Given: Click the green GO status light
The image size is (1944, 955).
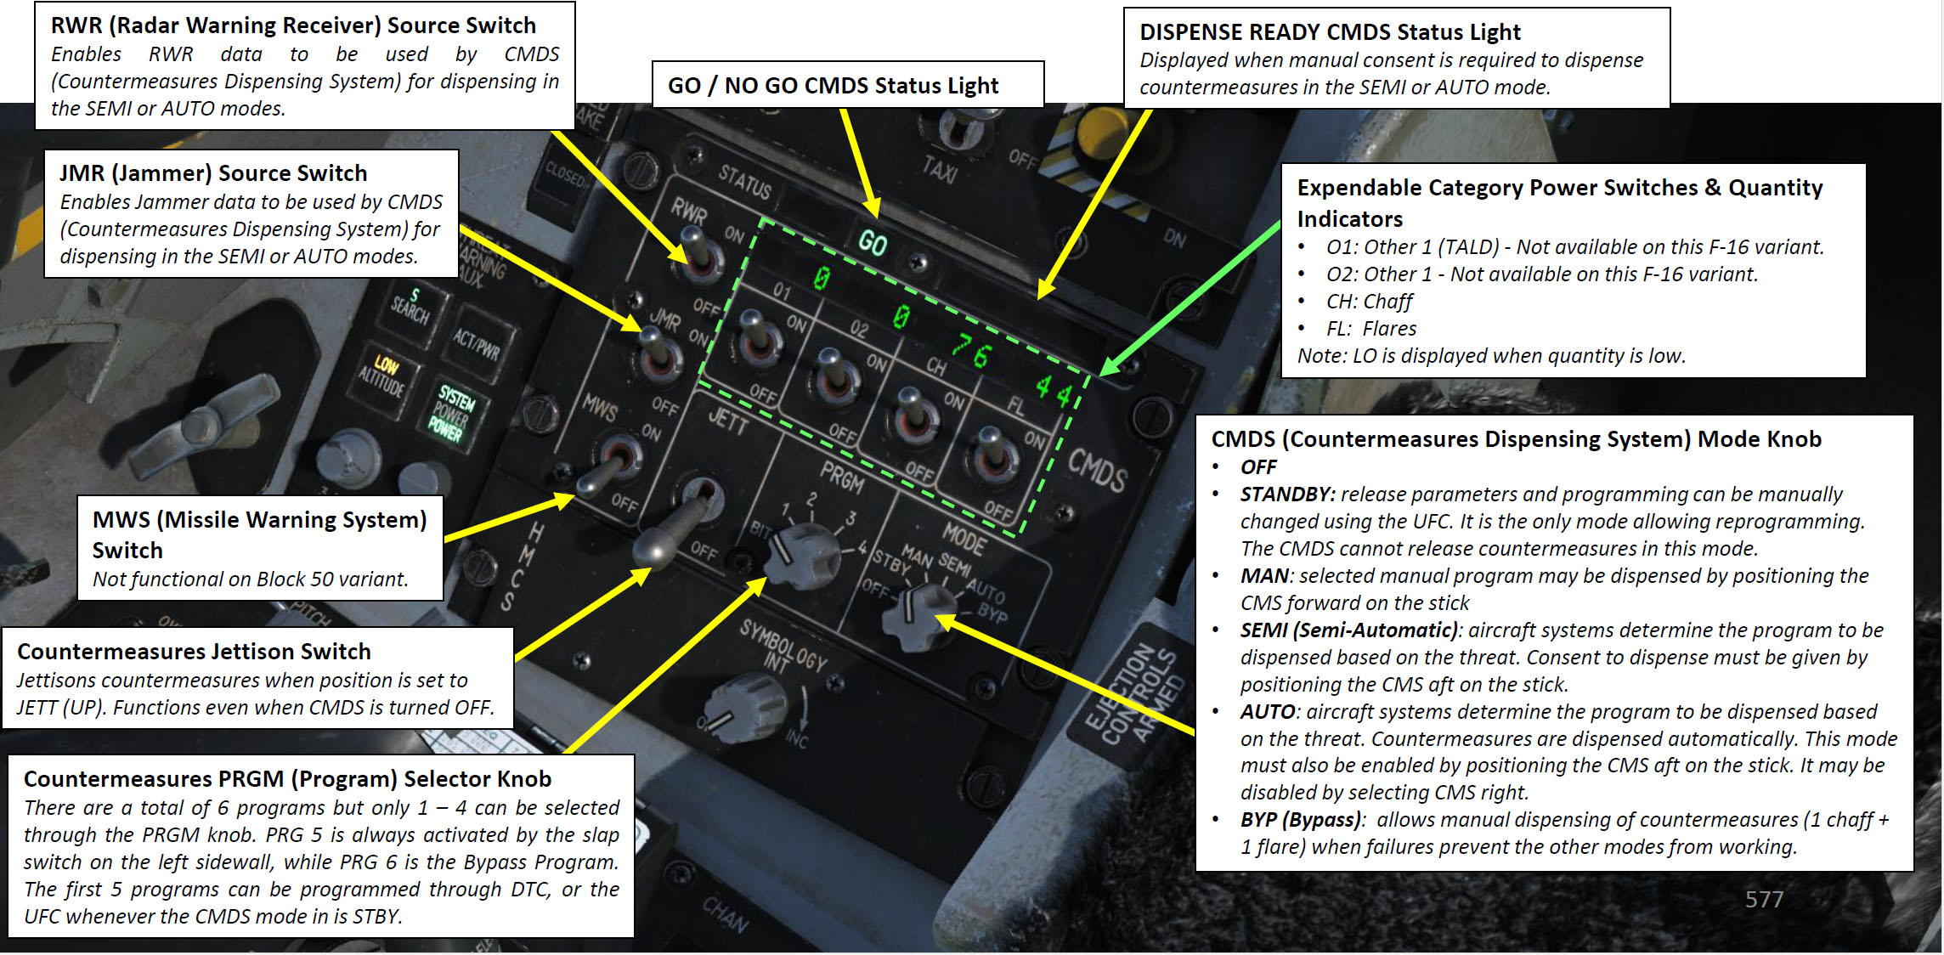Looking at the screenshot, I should click(x=873, y=243).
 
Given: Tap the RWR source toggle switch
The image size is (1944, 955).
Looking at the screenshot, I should click(x=699, y=254).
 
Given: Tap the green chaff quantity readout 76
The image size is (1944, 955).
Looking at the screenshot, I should click(x=970, y=350).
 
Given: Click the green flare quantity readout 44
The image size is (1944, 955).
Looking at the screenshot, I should click(x=1053, y=390).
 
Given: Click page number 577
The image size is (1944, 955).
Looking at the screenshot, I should click(x=1764, y=899).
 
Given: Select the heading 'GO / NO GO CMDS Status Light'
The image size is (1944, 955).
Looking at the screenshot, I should click(x=833, y=86).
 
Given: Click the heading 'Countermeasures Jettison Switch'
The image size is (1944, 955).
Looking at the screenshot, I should click(x=194, y=652).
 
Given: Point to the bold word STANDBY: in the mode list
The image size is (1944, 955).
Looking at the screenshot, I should click(x=1287, y=494).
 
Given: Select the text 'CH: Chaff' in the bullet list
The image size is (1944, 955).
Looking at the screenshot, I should click(x=1369, y=302).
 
